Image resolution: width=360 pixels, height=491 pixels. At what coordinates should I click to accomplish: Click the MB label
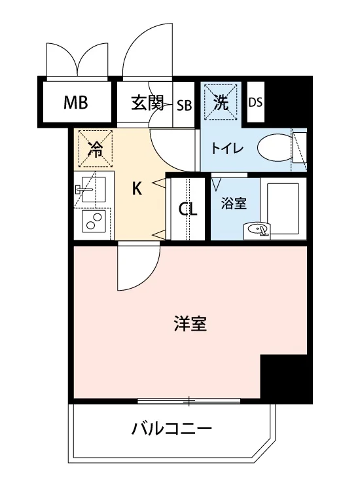(x=75, y=103)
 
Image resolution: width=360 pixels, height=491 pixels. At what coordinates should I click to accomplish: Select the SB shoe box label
(x=184, y=105)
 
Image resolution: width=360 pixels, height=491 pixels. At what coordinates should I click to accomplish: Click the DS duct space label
(x=255, y=102)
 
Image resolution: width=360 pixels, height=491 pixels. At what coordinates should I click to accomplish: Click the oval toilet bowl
(x=274, y=147)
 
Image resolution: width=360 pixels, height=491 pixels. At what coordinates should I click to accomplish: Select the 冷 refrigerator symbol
(x=95, y=149)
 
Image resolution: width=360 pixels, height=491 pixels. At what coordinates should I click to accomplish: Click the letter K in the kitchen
(x=137, y=189)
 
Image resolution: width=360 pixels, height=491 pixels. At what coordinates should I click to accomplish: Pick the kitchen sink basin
(x=94, y=189)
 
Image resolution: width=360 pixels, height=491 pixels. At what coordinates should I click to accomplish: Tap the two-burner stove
(x=94, y=221)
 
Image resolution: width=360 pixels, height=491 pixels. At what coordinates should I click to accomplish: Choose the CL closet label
(x=188, y=209)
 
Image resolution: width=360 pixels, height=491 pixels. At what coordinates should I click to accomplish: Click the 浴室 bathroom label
(x=234, y=204)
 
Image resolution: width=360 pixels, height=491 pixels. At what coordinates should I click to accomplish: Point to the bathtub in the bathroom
(x=283, y=208)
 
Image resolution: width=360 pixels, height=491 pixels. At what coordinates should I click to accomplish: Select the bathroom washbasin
(x=257, y=231)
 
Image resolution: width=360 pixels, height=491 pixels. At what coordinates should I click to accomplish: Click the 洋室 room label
(x=190, y=324)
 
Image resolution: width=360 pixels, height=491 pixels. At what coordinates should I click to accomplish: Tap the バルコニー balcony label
(x=171, y=429)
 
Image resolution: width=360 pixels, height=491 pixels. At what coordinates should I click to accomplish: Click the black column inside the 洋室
(x=283, y=376)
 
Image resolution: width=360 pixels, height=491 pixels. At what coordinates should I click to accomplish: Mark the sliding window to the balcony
(x=189, y=400)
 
